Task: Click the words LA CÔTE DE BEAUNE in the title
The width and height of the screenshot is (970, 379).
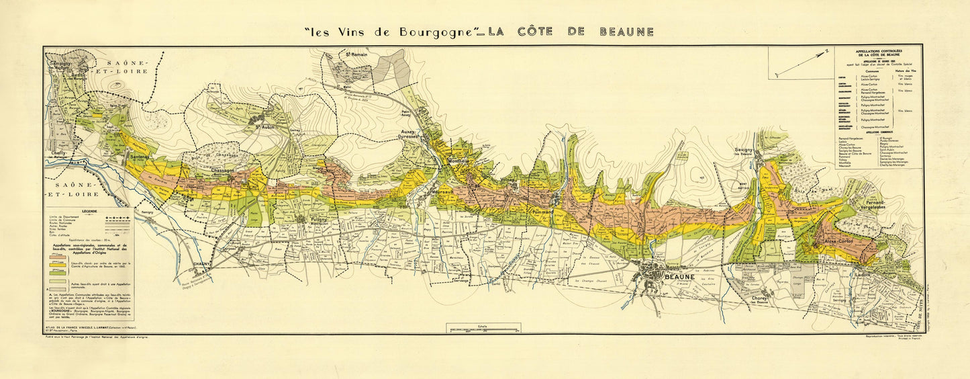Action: [570, 32]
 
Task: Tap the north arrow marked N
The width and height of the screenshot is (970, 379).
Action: [802, 63]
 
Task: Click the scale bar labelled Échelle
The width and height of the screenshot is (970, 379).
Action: [483, 329]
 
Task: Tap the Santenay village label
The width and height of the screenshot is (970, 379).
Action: [140, 157]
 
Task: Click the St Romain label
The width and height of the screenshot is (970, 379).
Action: [356, 54]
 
